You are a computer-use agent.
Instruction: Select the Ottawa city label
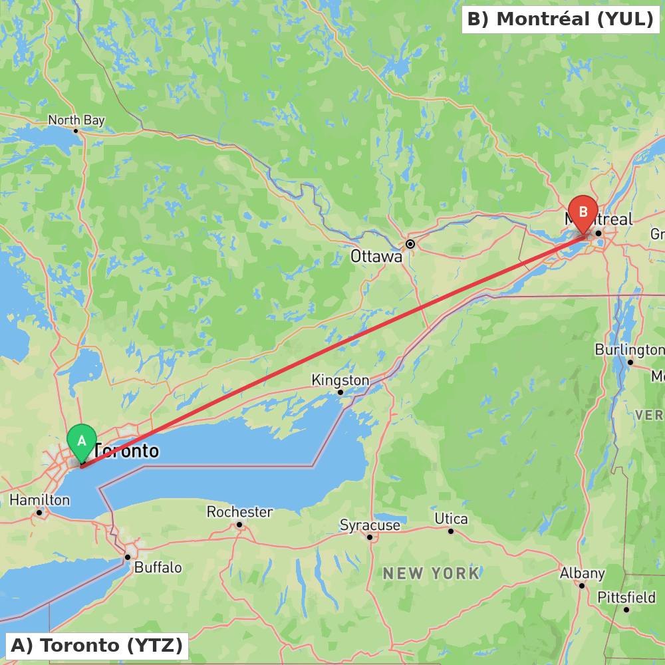pos(376,256)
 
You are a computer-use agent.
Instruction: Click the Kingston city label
pos(340,380)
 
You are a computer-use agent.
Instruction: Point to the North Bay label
pos(76,120)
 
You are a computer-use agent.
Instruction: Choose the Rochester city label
pos(239,512)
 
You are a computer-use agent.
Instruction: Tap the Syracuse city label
pos(370,525)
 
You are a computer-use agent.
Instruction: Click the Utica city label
pos(451,519)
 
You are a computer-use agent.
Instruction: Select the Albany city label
pos(582,573)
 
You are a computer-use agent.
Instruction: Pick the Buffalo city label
pos(158,567)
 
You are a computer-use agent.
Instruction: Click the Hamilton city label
pos(39,500)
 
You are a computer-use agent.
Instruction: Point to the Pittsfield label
pos(626,597)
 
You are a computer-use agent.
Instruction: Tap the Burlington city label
pos(629,350)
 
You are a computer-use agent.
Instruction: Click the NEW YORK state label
pos(431,573)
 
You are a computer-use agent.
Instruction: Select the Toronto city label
pos(126,452)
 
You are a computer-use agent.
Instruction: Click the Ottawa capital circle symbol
pos(410,244)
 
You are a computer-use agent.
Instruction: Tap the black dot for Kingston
pos(340,392)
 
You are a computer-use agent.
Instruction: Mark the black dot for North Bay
pos(76,131)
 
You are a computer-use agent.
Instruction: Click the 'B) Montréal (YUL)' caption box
pos(561,20)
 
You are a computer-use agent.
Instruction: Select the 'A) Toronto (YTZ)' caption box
pos(96,645)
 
